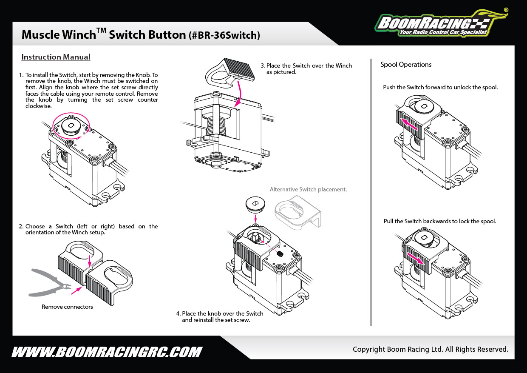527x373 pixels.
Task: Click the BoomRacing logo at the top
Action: tap(440, 24)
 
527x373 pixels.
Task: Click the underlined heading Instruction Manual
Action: tap(56, 57)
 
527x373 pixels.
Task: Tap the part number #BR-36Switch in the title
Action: tap(224, 35)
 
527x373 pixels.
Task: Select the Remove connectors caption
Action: tap(67, 307)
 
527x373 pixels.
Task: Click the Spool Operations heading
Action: tap(405, 65)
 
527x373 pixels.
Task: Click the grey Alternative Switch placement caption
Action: tap(308, 189)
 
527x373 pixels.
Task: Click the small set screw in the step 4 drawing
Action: tap(280, 254)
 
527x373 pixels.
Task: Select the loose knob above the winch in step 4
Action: tap(255, 205)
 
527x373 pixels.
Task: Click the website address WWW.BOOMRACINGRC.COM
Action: tap(107, 352)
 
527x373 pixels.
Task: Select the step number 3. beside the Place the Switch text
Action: tap(263, 65)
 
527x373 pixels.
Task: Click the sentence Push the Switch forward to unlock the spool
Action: tap(440, 87)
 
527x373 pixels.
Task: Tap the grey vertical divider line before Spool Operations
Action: tap(371, 191)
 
